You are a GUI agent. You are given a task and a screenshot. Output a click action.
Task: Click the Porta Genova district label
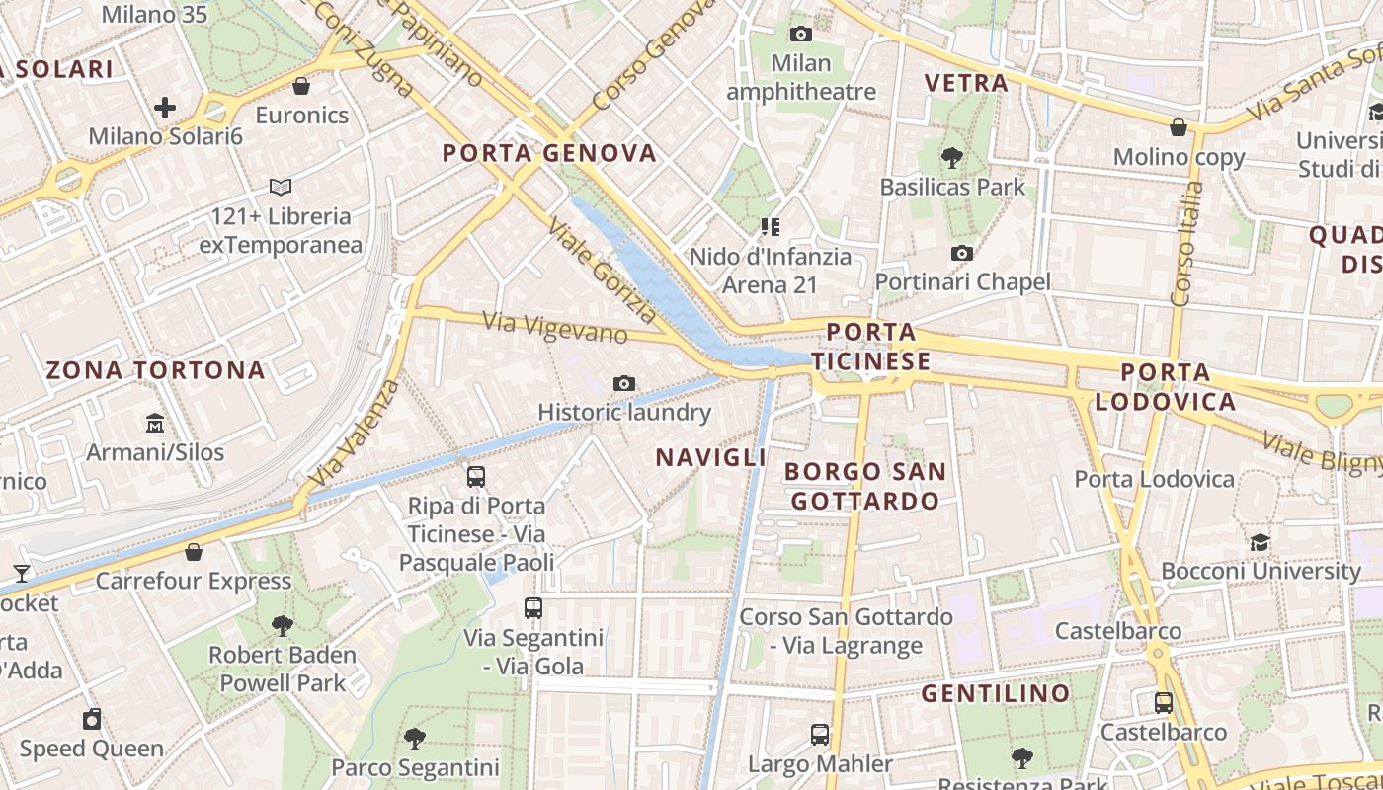point(549,153)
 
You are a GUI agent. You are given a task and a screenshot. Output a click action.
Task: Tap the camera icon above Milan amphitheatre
point(801,35)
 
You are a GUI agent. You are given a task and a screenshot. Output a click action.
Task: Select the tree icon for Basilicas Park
point(952,157)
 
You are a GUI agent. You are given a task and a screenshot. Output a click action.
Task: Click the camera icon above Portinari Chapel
point(961,254)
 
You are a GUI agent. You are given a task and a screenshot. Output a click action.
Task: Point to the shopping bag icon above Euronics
point(301,87)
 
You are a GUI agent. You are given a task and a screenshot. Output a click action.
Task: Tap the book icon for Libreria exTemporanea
point(281,187)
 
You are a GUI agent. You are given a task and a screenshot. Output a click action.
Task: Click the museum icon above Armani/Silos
point(155,424)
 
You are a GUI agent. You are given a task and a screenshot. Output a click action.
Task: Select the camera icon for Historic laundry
point(623,383)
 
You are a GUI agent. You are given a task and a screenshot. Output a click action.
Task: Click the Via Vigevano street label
point(555,327)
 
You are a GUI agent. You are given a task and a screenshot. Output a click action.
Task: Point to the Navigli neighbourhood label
point(711,457)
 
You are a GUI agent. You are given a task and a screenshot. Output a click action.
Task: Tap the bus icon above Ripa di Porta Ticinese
point(476,477)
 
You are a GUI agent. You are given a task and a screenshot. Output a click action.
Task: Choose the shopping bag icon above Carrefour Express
point(194,552)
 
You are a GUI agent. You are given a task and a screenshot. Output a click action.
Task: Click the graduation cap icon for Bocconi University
point(1260,542)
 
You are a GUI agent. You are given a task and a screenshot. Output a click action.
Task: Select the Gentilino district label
point(996,693)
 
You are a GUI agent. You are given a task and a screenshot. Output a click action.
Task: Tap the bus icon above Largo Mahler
point(820,734)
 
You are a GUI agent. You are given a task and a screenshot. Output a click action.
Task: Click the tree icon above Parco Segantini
point(415,738)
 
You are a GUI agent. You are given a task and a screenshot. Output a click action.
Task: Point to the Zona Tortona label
point(156,370)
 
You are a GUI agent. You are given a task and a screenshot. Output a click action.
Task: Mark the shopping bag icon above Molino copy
point(1179,127)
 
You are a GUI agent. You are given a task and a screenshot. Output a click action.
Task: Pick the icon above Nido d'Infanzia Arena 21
point(771,228)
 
